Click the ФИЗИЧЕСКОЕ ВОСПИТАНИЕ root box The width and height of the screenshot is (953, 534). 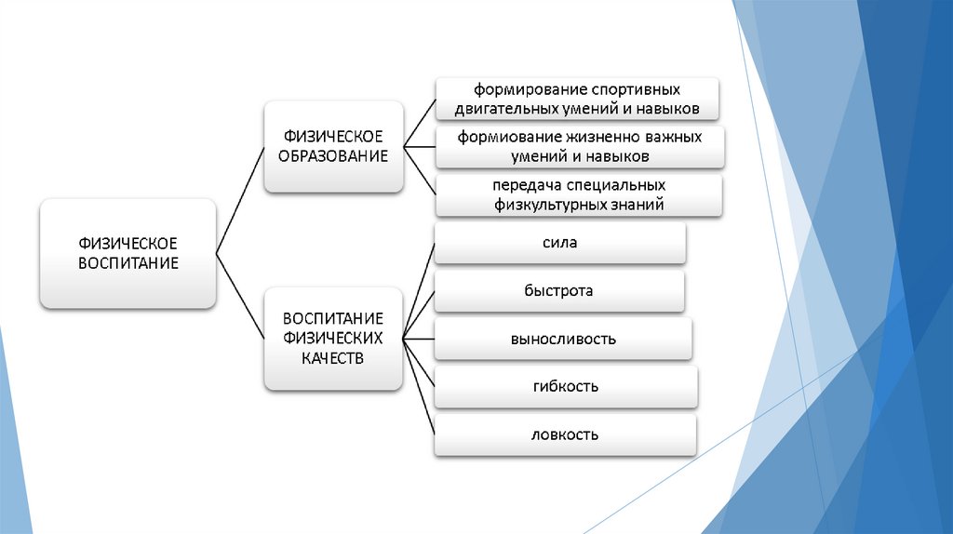click(x=128, y=253)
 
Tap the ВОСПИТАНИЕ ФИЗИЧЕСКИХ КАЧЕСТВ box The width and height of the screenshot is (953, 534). click(x=332, y=338)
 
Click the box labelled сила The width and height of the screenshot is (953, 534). click(x=559, y=244)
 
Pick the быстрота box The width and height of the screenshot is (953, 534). click(x=559, y=291)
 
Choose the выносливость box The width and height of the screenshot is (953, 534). click(x=562, y=339)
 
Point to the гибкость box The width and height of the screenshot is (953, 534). click(x=566, y=386)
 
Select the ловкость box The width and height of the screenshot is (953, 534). click(x=565, y=434)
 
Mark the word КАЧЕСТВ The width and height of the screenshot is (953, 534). click(x=331, y=357)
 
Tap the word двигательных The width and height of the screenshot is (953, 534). click(x=502, y=110)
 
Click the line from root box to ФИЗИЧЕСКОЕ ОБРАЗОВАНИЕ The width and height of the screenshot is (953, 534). click(x=240, y=199)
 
